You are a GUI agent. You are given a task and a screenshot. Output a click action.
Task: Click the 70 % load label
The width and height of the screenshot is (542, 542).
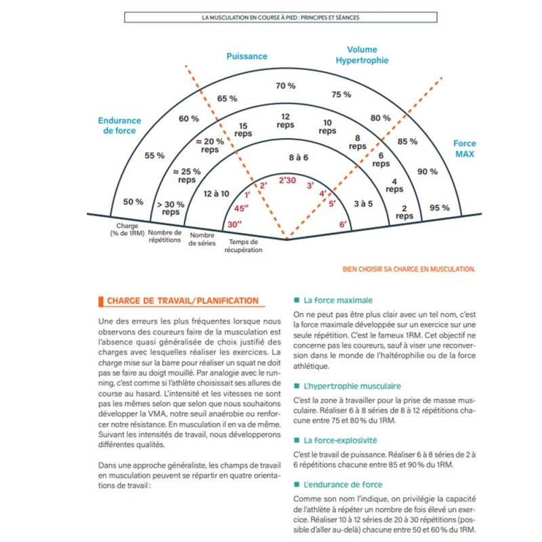tap(285, 86)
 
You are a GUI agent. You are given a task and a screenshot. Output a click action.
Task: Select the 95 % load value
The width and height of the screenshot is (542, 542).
tap(440, 207)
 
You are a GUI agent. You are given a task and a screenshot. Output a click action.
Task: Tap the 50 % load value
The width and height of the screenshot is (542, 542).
tap(133, 202)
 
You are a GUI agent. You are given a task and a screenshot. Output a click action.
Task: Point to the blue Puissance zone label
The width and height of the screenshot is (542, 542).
tap(247, 57)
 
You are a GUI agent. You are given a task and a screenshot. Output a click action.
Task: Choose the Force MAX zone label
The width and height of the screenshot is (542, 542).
tap(465, 148)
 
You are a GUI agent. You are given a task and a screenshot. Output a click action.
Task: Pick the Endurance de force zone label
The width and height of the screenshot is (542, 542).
tap(120, 126)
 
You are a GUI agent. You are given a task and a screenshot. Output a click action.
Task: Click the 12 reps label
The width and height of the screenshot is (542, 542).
tap(285, 121)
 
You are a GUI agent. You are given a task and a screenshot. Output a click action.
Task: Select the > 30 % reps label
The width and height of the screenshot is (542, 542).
tap(171, 208)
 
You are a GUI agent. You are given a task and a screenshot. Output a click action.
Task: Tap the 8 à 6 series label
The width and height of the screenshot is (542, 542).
tap(298, 157)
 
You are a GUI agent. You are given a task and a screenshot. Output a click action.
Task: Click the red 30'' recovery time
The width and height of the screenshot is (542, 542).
tap(234, 224)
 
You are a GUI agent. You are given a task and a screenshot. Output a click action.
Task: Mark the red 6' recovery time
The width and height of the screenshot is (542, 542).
tap(343, 224)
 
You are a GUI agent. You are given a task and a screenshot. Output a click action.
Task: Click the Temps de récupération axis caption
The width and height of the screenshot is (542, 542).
tap(243, 245)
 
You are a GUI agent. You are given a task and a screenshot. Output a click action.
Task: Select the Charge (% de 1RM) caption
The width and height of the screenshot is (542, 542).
tap(127, 230)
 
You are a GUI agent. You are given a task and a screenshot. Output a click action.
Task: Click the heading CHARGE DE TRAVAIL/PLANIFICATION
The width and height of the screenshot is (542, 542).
tap(182, 301)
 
